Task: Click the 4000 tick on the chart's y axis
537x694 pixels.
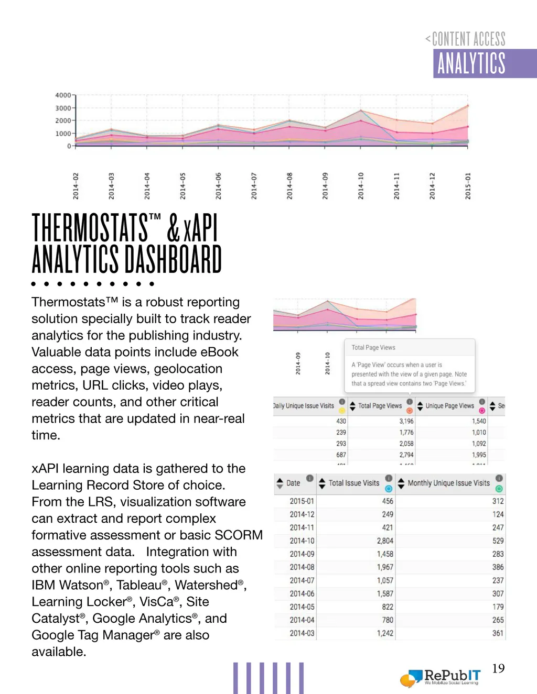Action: point(63,95)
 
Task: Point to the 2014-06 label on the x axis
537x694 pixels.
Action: point(218,186)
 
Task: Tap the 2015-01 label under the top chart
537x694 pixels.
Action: point(468,186)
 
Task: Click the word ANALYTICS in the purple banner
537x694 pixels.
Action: point(471,64)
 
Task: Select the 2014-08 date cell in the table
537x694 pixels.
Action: point(302,567)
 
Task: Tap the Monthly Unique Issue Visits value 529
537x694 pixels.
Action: point(498,541)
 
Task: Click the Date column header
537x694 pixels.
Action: point(293,483)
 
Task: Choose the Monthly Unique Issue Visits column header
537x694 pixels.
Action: point(448,483)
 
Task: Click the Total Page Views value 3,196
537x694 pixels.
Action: point(406,421)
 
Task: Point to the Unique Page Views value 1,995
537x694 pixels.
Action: point(479,455)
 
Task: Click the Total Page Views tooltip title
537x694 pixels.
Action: point(373,347)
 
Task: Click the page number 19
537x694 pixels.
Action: point(498,668)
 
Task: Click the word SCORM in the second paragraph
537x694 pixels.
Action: point(242,535)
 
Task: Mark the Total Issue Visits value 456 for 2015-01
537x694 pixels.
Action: point(388,501)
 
